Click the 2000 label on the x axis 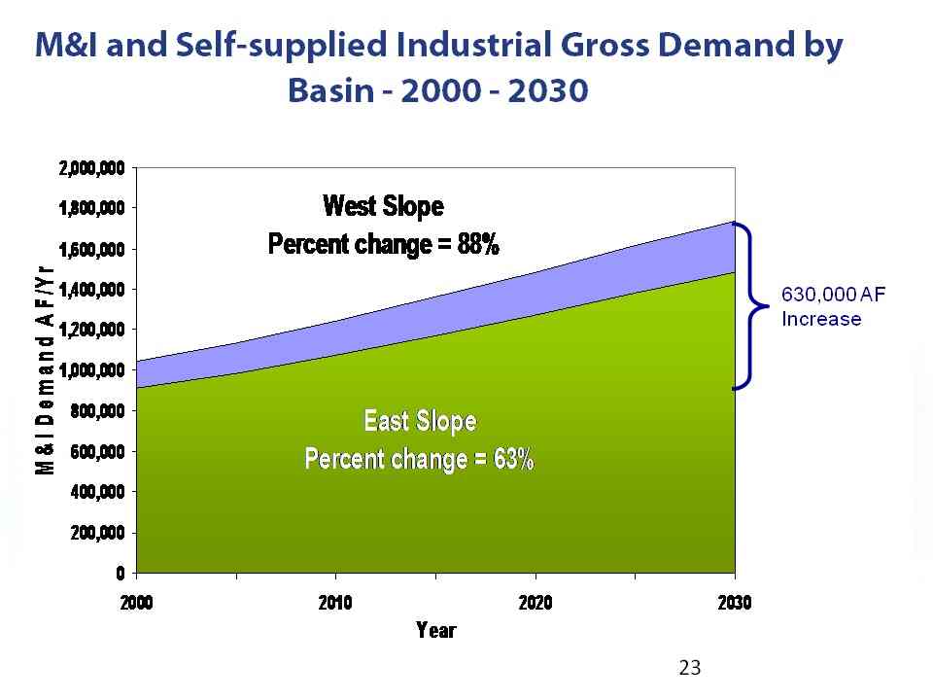[x=137, y=603]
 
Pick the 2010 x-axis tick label [x=336, y=603]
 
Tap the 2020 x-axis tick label [x=536, y=603]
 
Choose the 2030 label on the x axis [x=735, y=603]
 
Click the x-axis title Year [x=435, y=630]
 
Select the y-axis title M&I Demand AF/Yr [x=46, y=369]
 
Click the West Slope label [x=383, y=206]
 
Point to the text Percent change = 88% [x=383, y=243]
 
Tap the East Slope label [x=420, y=421]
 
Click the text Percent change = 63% [x=420, y=458]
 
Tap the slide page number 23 [x=689, y=667]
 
